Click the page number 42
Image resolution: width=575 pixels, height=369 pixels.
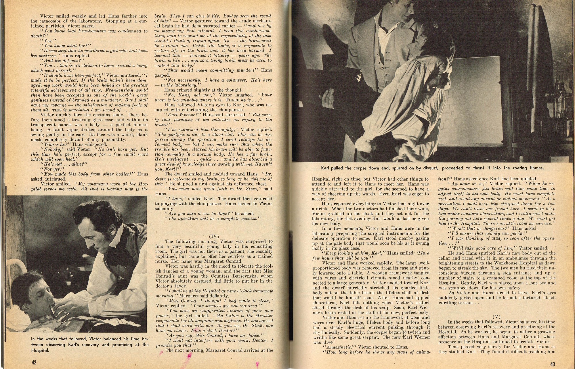click(x=34, y=362)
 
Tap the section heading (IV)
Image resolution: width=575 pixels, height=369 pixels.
click(x=213, y=236)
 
